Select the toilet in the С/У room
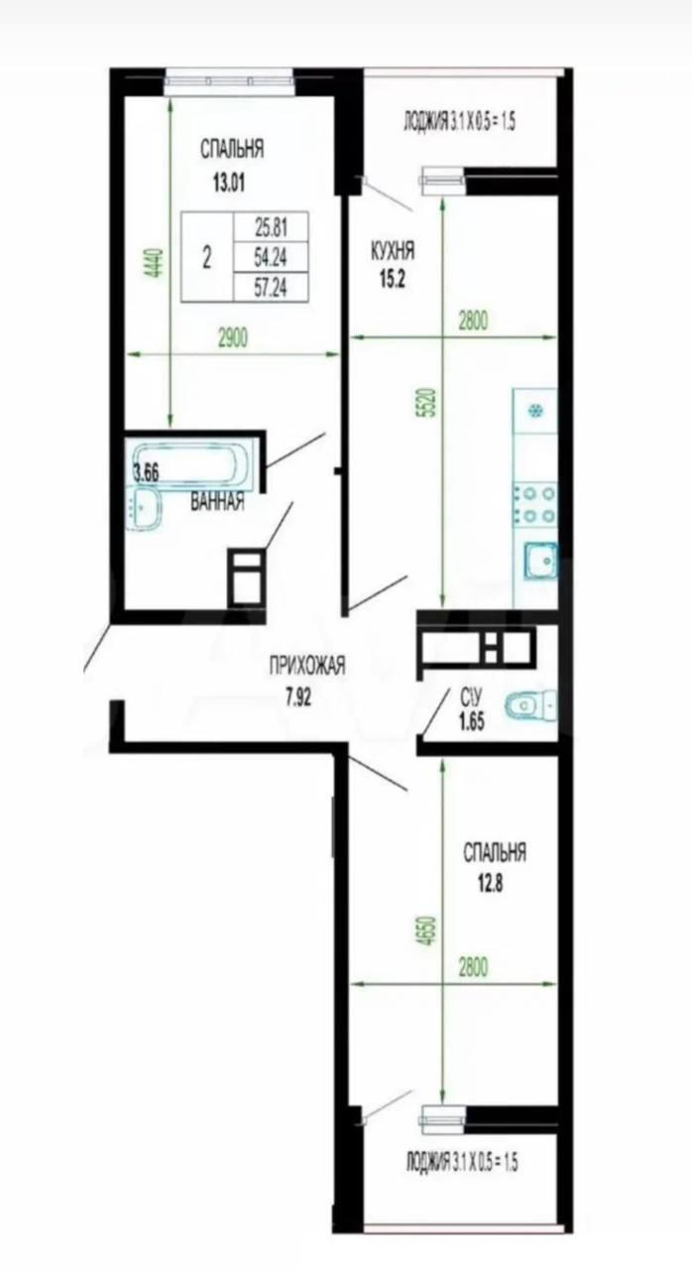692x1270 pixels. point(530,704)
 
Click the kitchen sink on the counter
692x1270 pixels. point(540,561)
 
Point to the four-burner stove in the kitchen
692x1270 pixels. point(535,505)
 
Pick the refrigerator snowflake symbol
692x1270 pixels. point(534,410)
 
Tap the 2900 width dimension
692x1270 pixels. point(233,339)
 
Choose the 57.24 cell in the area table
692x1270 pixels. point(271,288)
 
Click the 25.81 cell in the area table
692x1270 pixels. point(271,228)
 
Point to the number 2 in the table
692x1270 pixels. point(206,259)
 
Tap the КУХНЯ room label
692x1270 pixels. point(393,250)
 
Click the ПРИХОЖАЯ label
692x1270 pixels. point(307,666)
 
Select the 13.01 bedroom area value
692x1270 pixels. point(229,184)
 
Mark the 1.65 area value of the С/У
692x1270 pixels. point(471,723)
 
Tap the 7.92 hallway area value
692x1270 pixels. point(298,698)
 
